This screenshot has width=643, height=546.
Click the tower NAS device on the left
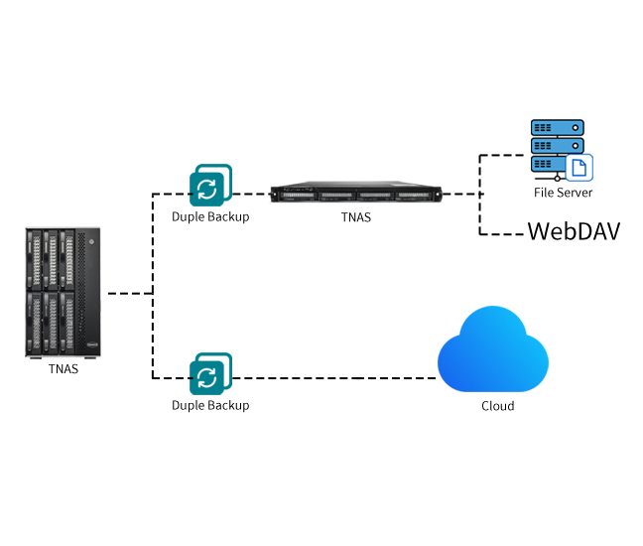(x=64, y=293)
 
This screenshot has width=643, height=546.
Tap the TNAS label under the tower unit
(x=63, y=369)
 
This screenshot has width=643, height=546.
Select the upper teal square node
(x=210, y=185)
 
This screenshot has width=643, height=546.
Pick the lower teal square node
(x=210, y=373)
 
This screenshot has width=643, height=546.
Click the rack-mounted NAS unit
(x=355, y=193)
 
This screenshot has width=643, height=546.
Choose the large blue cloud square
(x=493, y=348)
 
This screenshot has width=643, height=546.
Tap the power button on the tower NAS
(x=91, y=240)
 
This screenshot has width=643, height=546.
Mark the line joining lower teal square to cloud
(x=333, y=378)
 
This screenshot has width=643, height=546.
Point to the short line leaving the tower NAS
(x=127, y=293)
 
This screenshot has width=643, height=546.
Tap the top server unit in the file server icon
(x=555, y=128)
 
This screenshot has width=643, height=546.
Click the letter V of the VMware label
(x=535, y=232)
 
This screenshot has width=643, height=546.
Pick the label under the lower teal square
(x=210, y=406)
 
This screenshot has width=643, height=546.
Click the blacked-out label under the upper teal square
(x=210, y=216)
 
